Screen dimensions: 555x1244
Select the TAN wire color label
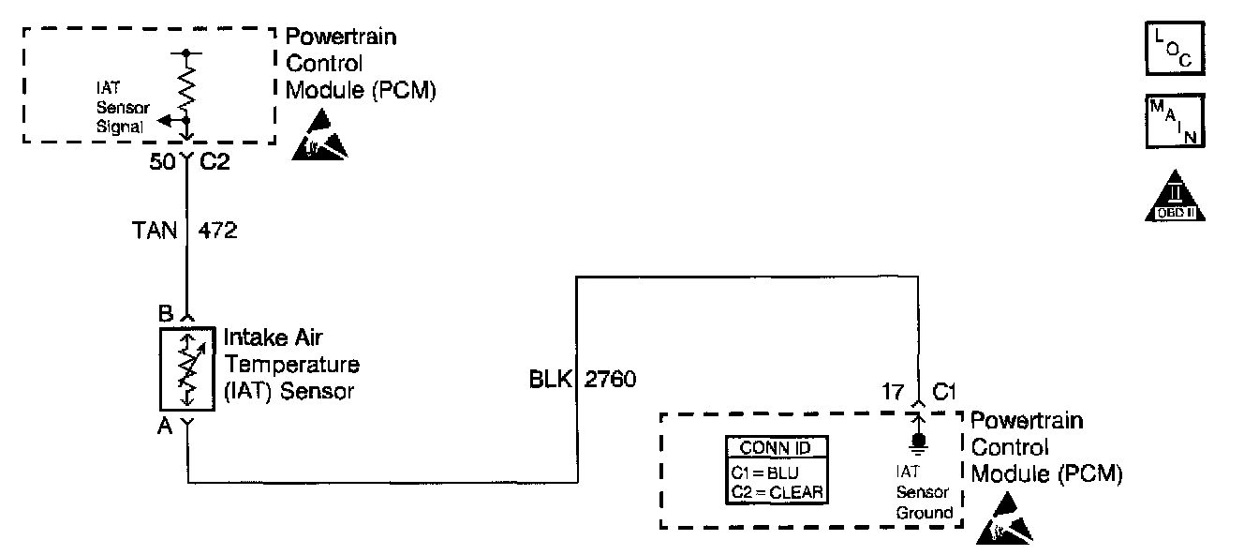click(x=155, y=231)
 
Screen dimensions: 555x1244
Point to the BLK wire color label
click(x=551, y=381)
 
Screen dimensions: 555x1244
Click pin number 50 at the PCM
click(x=163, y=161)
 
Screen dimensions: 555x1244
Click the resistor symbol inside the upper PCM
click(x=187, y=89)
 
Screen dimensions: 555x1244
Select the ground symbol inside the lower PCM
click(x=918, y=442)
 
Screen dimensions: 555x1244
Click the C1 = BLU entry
click(x=764, y=472)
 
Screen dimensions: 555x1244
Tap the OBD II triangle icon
click(x=1175, y=197)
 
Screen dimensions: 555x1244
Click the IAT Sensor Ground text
click(x=923, y=493)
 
